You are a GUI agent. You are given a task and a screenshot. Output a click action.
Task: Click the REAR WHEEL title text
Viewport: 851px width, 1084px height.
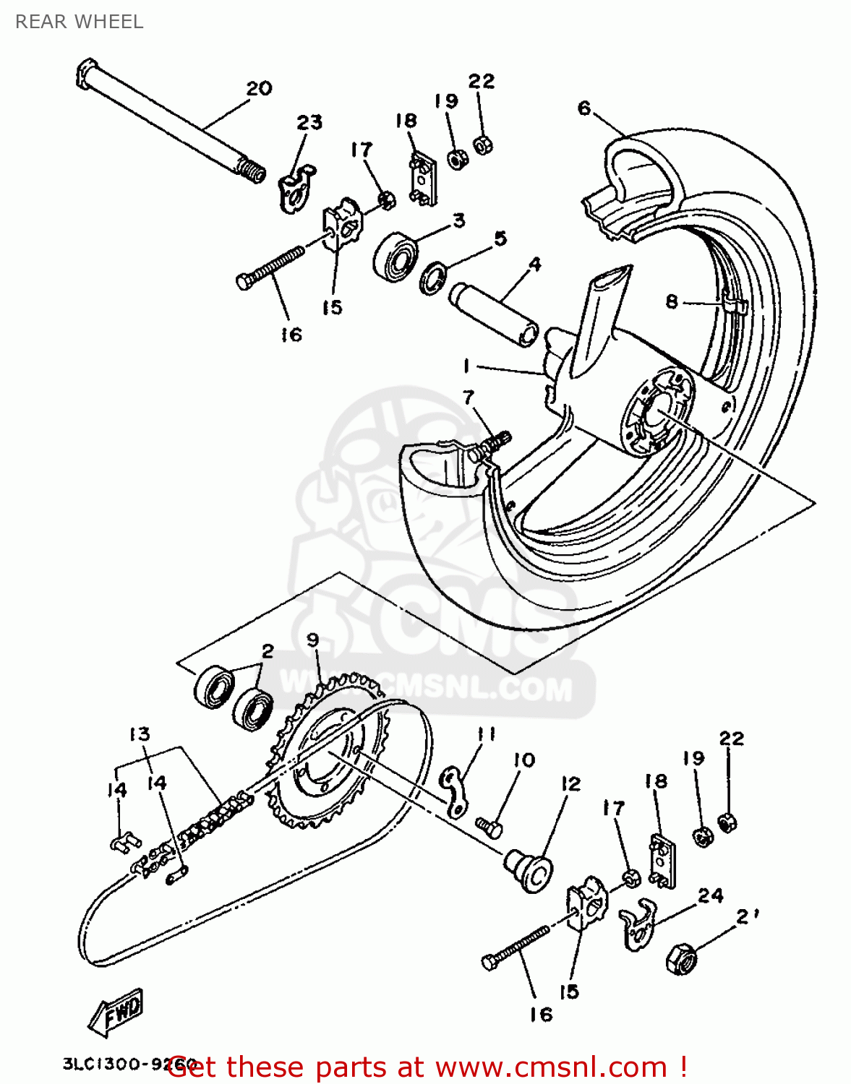(x=79, y=22)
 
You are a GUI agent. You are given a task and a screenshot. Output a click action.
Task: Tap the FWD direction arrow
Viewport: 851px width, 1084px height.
(x=116, y=1012)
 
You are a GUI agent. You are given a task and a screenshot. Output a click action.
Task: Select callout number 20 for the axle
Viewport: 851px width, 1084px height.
(x=259, y=89)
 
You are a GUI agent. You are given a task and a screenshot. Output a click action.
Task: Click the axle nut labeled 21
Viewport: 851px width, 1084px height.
(x=681, y=958)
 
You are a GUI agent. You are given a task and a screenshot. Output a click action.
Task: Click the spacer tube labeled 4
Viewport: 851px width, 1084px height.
(x=493, y=314)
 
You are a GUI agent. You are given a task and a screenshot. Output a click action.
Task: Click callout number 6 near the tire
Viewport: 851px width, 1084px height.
(x=584, y=108)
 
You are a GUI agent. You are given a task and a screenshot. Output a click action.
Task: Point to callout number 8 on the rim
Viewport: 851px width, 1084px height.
(x=672, y=301)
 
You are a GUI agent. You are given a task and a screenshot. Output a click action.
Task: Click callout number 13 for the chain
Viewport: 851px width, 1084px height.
(x=140, y=734)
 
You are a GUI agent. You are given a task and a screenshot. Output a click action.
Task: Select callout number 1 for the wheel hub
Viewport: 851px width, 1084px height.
(x=467, y=366)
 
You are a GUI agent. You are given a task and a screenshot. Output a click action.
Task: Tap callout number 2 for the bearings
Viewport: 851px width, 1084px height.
(x=268, y=651)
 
